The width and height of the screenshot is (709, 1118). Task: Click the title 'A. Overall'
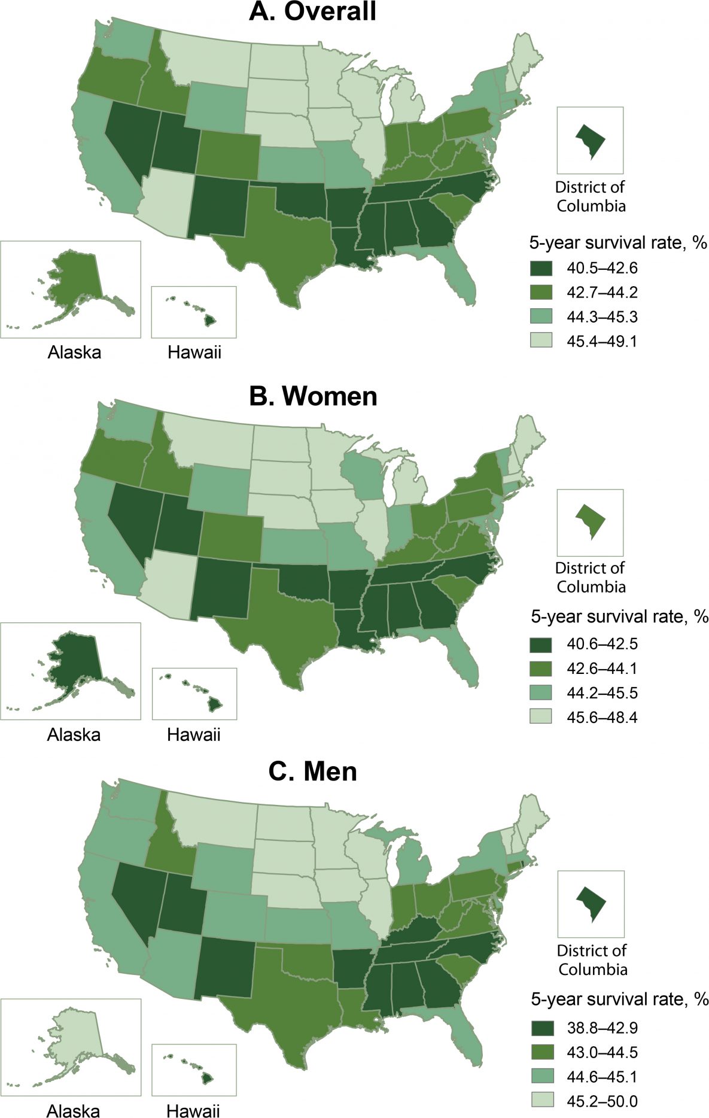[312, 12]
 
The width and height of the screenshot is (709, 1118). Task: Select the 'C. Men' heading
[312, 771]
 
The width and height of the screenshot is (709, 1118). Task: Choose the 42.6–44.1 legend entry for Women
[602, 668]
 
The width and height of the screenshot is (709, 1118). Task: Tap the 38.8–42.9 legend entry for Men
[602, 1028]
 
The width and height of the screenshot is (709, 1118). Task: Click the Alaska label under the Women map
[74, 734]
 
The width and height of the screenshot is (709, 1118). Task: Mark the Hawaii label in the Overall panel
[194, 352]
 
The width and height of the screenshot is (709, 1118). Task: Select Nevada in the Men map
[135, 898]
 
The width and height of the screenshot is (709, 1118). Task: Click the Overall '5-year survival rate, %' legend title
[618, 243]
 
